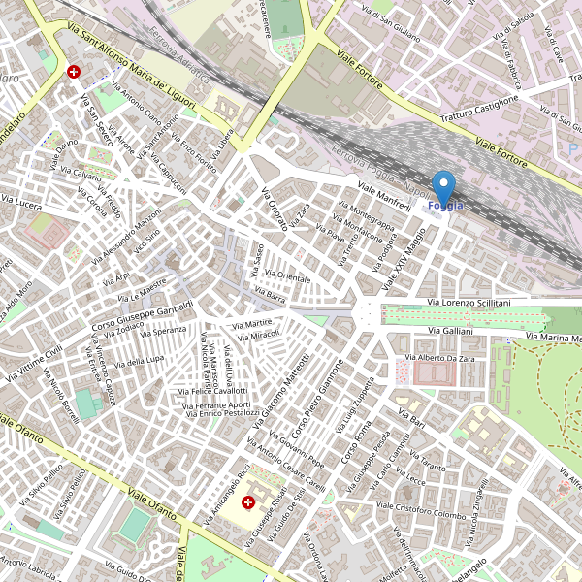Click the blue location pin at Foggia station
pos(443,186)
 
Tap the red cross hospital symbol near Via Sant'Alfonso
pos(74,72)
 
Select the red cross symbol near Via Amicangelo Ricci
pos(247,502)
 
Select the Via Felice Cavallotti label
pos(213,391)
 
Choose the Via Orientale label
pos(287,277)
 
